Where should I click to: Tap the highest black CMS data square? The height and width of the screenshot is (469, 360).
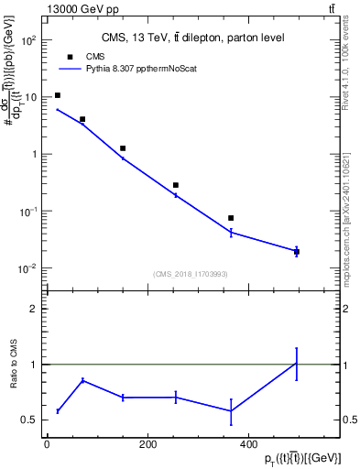[x=58, y=95]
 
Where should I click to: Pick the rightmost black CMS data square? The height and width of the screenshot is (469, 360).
[x=296, y=251]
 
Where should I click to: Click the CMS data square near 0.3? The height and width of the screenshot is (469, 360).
[x=175, y=185]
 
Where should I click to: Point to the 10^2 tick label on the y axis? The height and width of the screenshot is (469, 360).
[x=29, y=40]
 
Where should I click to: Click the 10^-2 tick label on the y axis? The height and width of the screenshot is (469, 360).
[x=29, y=268]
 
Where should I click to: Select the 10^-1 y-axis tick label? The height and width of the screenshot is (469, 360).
[x=29, y=212]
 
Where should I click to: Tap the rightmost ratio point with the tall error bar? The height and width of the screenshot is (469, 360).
[x=296, y=364]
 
